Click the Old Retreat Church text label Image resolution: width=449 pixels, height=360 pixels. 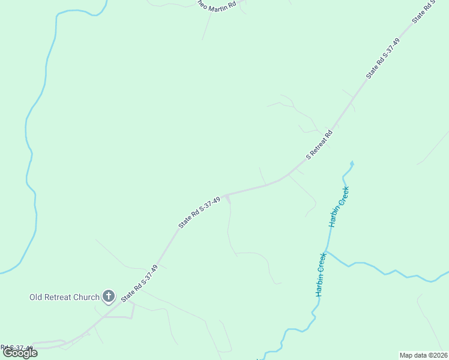point(65,297)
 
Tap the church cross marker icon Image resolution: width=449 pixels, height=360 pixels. point(109,296)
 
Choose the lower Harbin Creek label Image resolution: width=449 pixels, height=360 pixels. point(321,274)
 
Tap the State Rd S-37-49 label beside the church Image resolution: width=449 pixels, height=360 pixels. point(139,283)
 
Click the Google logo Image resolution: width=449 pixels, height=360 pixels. point(20,353)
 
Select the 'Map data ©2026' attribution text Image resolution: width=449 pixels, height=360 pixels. point(424,355)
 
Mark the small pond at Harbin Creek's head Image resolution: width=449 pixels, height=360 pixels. point(352,163)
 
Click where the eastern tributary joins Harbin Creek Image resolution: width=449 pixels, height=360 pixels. point(327,251)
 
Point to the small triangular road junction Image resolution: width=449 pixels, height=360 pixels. point(227,197)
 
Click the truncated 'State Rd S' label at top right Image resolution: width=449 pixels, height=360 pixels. point(423,13)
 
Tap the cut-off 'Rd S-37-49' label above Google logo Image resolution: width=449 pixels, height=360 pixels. point(17,347)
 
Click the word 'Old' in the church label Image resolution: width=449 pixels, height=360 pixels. point(36,297)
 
